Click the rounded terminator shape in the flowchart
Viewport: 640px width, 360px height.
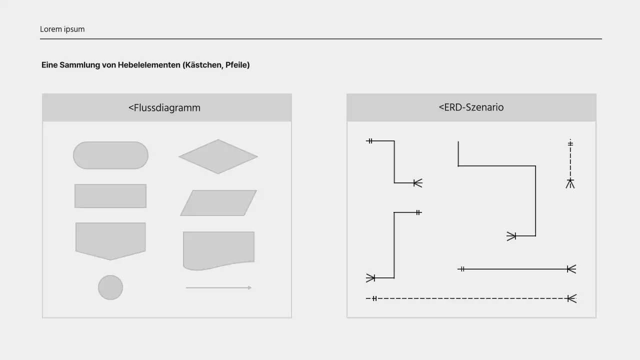(x=110, y=155)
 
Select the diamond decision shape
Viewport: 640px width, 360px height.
(x=218, y=156)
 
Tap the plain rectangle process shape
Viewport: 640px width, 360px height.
(x=110, y=196)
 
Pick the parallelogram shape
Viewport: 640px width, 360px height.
(x=218, y=203)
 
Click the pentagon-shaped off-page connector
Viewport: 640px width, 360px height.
(x=110, y=240)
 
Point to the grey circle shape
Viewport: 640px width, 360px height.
(x=110, y=287)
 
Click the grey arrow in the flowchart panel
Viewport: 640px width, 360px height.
(x=218, y=288)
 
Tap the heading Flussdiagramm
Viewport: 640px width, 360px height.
(x=164, y=107)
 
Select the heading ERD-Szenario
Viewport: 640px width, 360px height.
(x=471, y=107)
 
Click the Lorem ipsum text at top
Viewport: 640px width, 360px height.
(x=62, y=29)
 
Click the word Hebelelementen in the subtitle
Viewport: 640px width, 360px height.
(x=149, y=65)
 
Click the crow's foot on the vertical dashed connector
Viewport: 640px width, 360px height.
(x=570, y=183)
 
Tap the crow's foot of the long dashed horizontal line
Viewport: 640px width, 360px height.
(x=571, y=298)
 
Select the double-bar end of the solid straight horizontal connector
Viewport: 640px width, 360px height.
(x=462, y=269)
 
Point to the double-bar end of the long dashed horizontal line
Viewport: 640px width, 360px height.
(x=374, y=298)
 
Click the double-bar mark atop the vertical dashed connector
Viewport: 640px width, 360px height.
(x=570, y=144)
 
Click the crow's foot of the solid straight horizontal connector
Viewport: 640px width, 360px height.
(x=571, y=269)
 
